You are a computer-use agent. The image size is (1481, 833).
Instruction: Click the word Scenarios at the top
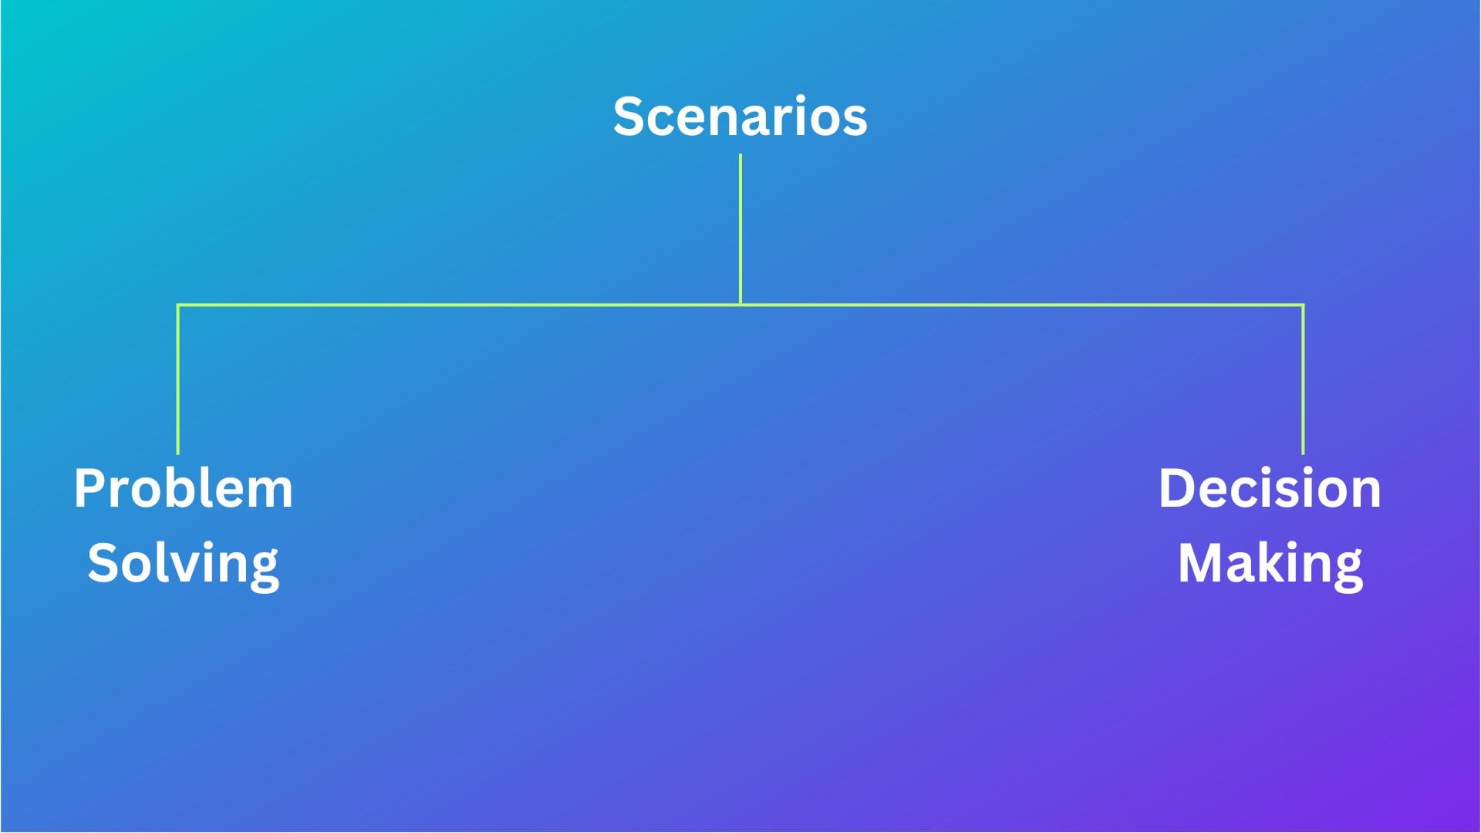(x=740, y=116)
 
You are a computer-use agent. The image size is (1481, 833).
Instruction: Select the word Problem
(x=184, y=488)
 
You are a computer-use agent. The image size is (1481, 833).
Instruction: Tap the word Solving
(x=184, y=564)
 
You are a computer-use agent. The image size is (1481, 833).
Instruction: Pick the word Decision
(x=1270, y=488)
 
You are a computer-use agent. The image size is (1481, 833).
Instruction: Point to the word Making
(x=1270, y=564)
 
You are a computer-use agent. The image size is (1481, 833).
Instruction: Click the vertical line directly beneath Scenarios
(x=740, y=229)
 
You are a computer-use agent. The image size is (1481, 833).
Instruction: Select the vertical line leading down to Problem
(x=178, y=379)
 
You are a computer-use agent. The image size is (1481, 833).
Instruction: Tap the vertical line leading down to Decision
(x=1303, y=379)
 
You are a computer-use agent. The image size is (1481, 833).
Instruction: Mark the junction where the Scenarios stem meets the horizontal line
(x=740, y=305)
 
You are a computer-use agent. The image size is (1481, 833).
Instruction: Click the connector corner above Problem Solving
(x=178, y=305)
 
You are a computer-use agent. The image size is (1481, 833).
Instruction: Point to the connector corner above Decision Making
(x=1303, y=305)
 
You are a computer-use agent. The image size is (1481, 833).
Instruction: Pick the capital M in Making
(x=1203, y=563)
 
